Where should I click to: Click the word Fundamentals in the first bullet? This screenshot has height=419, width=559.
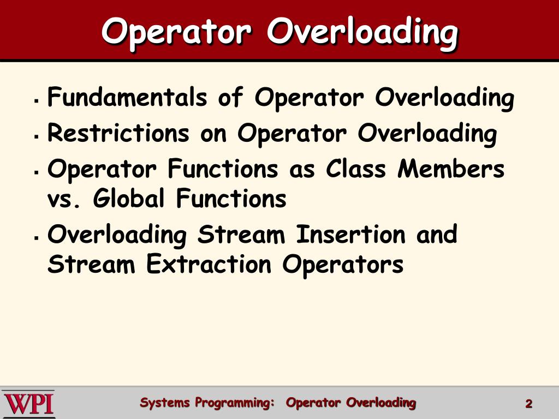coord(127,99)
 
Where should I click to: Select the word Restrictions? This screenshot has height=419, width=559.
coord(118,134)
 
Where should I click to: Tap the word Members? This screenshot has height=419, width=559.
coord(451,170)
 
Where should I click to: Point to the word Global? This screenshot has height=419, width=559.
coord(128,199)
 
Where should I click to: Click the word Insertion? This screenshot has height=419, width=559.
coord(350,235)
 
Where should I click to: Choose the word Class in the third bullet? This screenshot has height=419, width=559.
coord(357,170)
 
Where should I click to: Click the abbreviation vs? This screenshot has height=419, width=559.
coord(64,200)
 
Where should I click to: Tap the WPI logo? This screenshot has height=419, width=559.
coord(28,404)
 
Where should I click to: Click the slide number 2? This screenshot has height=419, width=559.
coord(528,404)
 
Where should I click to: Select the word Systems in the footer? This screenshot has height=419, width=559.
coord(165,403)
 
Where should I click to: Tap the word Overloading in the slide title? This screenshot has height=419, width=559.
coord(362,32)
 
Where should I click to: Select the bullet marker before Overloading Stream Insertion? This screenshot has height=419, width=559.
coord(35,238)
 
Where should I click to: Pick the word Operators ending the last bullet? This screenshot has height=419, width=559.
coord(343,265)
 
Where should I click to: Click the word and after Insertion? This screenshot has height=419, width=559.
coord(436,235)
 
